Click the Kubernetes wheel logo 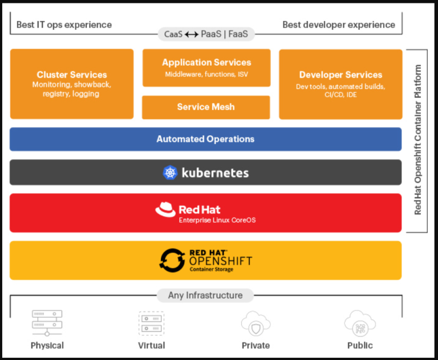coord(170,172)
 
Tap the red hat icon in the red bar coord(165,209)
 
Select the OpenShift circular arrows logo coord(172,260)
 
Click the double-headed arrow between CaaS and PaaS coord(192,34)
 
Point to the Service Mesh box coord(206,107)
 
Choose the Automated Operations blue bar coord(205,139)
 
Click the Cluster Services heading coord(72,75)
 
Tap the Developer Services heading coord(340,75)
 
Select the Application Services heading coord(206,62)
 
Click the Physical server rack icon coord(47,323)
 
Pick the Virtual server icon coord(151,323)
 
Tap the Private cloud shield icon coord(255,323)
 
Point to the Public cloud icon coord(360,323)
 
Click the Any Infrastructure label coord(205,296)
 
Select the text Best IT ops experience coord(64,25)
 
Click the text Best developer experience coord(339,25)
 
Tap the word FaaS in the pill coord(238,34)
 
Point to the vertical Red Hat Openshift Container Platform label coord(417,140)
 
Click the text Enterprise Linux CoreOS coord(217,220)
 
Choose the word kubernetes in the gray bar coord(215,173)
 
